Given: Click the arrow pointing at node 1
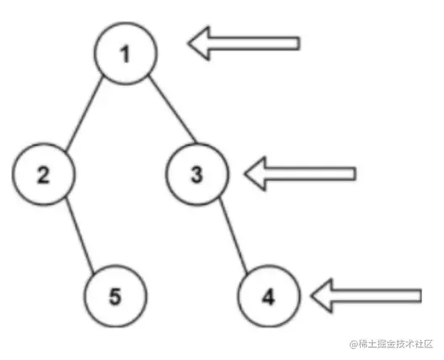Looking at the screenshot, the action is (244, 44).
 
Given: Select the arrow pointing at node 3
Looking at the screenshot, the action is (300, 173).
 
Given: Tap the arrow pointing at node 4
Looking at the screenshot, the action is (366, 296).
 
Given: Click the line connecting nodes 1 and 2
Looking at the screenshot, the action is (83, 114).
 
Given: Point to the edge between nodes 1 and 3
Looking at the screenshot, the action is (172, 109).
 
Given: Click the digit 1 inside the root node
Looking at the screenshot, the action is (124, 54).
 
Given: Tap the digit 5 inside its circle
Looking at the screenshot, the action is (115, 297).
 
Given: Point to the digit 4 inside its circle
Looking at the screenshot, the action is (268, 298).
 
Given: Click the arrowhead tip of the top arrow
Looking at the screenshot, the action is (188, 44).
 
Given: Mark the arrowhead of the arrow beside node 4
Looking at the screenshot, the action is (321, 296).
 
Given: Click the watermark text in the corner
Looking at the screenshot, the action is (391, 344).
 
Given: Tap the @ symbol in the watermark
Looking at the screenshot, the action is (353, 344).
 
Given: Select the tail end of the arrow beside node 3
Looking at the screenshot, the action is (355, 173).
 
